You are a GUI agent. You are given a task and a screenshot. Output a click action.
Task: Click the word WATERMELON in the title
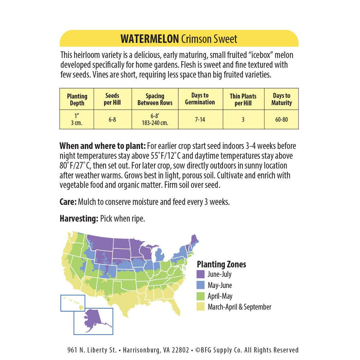[x=149, y=39]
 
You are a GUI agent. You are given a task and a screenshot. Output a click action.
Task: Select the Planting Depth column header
[x=77, y=100]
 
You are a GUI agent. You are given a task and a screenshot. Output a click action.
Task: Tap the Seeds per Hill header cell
[x=113, y=99]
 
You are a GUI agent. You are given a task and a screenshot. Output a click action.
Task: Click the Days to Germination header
[x=200, y=99]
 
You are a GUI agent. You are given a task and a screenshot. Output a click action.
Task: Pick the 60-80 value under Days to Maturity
[x=281, y=120]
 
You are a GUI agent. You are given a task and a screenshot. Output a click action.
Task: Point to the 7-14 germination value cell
[x=200, y=120]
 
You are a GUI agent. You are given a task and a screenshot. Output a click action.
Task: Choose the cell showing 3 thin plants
[x=243, y=120]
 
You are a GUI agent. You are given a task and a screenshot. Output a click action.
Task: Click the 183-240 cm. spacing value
[x=155, y=123]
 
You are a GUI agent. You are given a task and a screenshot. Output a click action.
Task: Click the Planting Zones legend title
[x=221, y=264]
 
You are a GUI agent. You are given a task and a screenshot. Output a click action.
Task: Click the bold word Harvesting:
[x=78, y=219]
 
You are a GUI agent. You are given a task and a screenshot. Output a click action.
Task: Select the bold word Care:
[x=68, y=202]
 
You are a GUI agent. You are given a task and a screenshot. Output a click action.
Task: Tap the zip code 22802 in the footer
[x=182, y=350]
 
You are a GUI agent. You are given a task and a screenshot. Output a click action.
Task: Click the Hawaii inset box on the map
[x=73, y=303]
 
